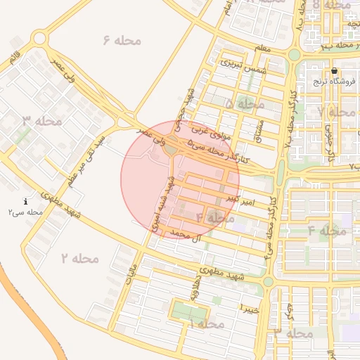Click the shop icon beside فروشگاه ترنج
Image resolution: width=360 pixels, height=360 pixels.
pos(334,70)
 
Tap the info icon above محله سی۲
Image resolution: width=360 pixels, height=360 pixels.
pos(26,201)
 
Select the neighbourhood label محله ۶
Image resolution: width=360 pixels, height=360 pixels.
pos(122,40)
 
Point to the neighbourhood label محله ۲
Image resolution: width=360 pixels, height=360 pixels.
pos(80,259)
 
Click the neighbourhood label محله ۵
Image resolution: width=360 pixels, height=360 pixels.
pos(245,104)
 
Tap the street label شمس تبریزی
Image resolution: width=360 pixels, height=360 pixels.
pos(241,63)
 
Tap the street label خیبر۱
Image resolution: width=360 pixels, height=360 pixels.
pos(251,309)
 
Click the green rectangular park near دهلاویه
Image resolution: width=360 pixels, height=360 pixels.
pos(189,310)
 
